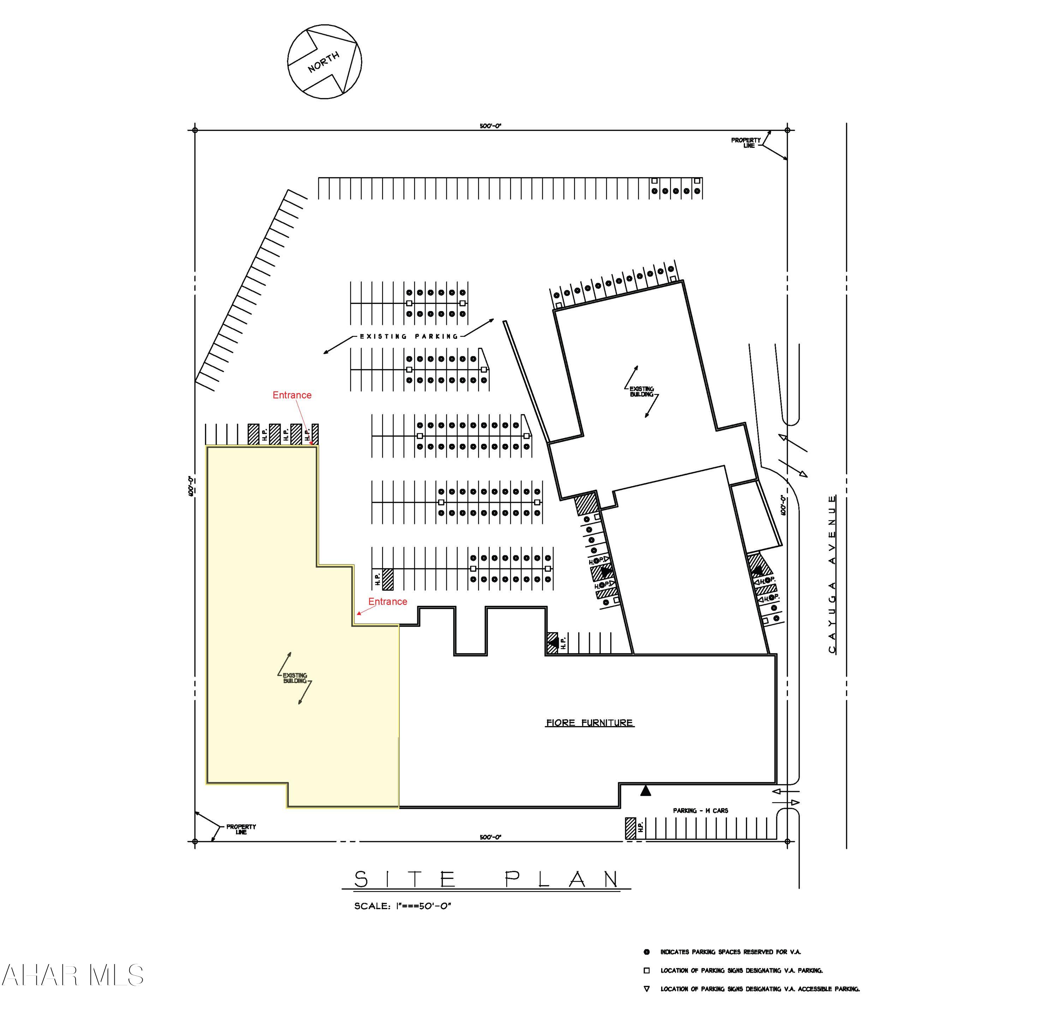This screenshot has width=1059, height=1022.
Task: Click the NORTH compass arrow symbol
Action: click(324, 61)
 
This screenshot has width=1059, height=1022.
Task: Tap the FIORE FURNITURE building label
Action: click(590, 723)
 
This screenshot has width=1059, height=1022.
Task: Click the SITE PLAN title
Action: click(486, 879)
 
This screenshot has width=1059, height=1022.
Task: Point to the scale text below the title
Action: click(402, 906)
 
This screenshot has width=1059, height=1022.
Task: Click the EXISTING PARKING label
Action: click(409, 336)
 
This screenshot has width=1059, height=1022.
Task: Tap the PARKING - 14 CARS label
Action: click(700, 811)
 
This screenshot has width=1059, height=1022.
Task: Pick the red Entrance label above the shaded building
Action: click(292, 395)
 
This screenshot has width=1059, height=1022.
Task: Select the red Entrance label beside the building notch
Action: click(387, 602)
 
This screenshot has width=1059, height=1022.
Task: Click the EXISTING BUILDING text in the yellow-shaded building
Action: click(295, 678)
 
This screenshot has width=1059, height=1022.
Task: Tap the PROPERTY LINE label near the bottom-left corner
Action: click(241, 829)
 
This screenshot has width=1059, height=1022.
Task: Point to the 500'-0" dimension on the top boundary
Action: click(491, 126)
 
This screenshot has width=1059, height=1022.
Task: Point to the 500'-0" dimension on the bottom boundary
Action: click(491, 837)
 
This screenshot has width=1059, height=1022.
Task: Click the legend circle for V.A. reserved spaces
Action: click(646, 952)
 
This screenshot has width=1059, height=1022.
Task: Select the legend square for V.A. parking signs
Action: click(646, 970)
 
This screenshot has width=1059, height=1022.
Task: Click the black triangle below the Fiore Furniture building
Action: click(646, 791)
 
